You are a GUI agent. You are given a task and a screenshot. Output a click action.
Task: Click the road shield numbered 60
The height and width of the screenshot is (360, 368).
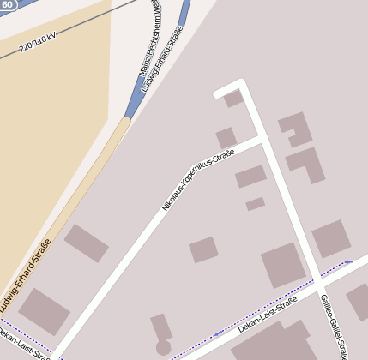pyautogui.click(x=8, y=4)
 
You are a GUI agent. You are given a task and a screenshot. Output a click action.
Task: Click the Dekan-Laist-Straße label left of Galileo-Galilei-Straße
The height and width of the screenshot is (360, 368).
pyautogui.click(x=267, y=315)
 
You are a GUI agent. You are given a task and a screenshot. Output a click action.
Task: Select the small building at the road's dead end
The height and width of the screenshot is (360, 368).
pyautogui.click(x=233, y=99)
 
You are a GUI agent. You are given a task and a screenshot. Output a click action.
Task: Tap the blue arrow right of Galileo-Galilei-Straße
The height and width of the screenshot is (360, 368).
pyautogui.click(x=348, y=261)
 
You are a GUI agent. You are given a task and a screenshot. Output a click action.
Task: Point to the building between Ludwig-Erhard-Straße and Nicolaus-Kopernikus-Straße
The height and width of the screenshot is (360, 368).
pyautogui.click(x=86, y=243)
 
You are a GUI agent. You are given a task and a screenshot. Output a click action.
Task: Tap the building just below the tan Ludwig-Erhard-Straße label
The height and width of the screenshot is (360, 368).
pyautogui.click(x=44, y=311)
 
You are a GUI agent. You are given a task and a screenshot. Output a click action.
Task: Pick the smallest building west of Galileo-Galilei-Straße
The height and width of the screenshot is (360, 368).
pyautogui.click(x=255, y=204)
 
